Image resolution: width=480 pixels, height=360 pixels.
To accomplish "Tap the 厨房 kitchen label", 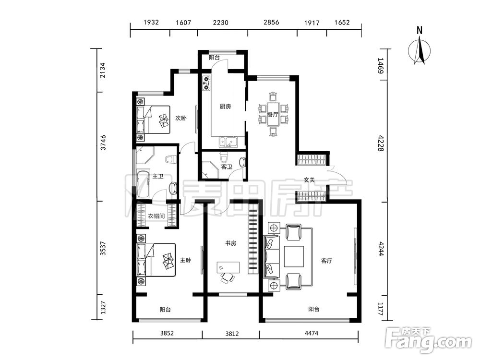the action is point(225,107).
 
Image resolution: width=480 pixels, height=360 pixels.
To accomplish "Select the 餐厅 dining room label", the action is point(273,115).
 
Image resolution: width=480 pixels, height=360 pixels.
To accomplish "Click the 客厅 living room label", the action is point(326,261).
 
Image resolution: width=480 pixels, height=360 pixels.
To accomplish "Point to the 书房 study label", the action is point(230,243).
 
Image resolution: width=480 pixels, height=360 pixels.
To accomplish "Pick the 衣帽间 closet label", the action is point(156,216).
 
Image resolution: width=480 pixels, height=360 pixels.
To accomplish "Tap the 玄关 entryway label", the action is point(309,180).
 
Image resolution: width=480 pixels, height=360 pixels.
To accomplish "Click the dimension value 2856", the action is point(271,22).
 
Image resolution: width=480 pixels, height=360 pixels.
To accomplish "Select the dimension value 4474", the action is point(312,333).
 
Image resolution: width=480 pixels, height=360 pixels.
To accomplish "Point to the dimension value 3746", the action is point(104,143).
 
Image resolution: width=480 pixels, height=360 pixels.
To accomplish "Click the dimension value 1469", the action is point(380,66).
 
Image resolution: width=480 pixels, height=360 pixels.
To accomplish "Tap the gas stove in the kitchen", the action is point(206,83).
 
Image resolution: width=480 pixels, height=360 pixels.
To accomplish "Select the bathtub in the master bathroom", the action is point(143,185).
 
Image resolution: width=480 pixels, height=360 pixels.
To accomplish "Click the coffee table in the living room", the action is point(294,256).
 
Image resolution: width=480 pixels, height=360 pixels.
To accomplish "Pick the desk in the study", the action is point(228,267).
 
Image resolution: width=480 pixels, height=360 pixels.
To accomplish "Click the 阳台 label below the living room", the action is point(314,309).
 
